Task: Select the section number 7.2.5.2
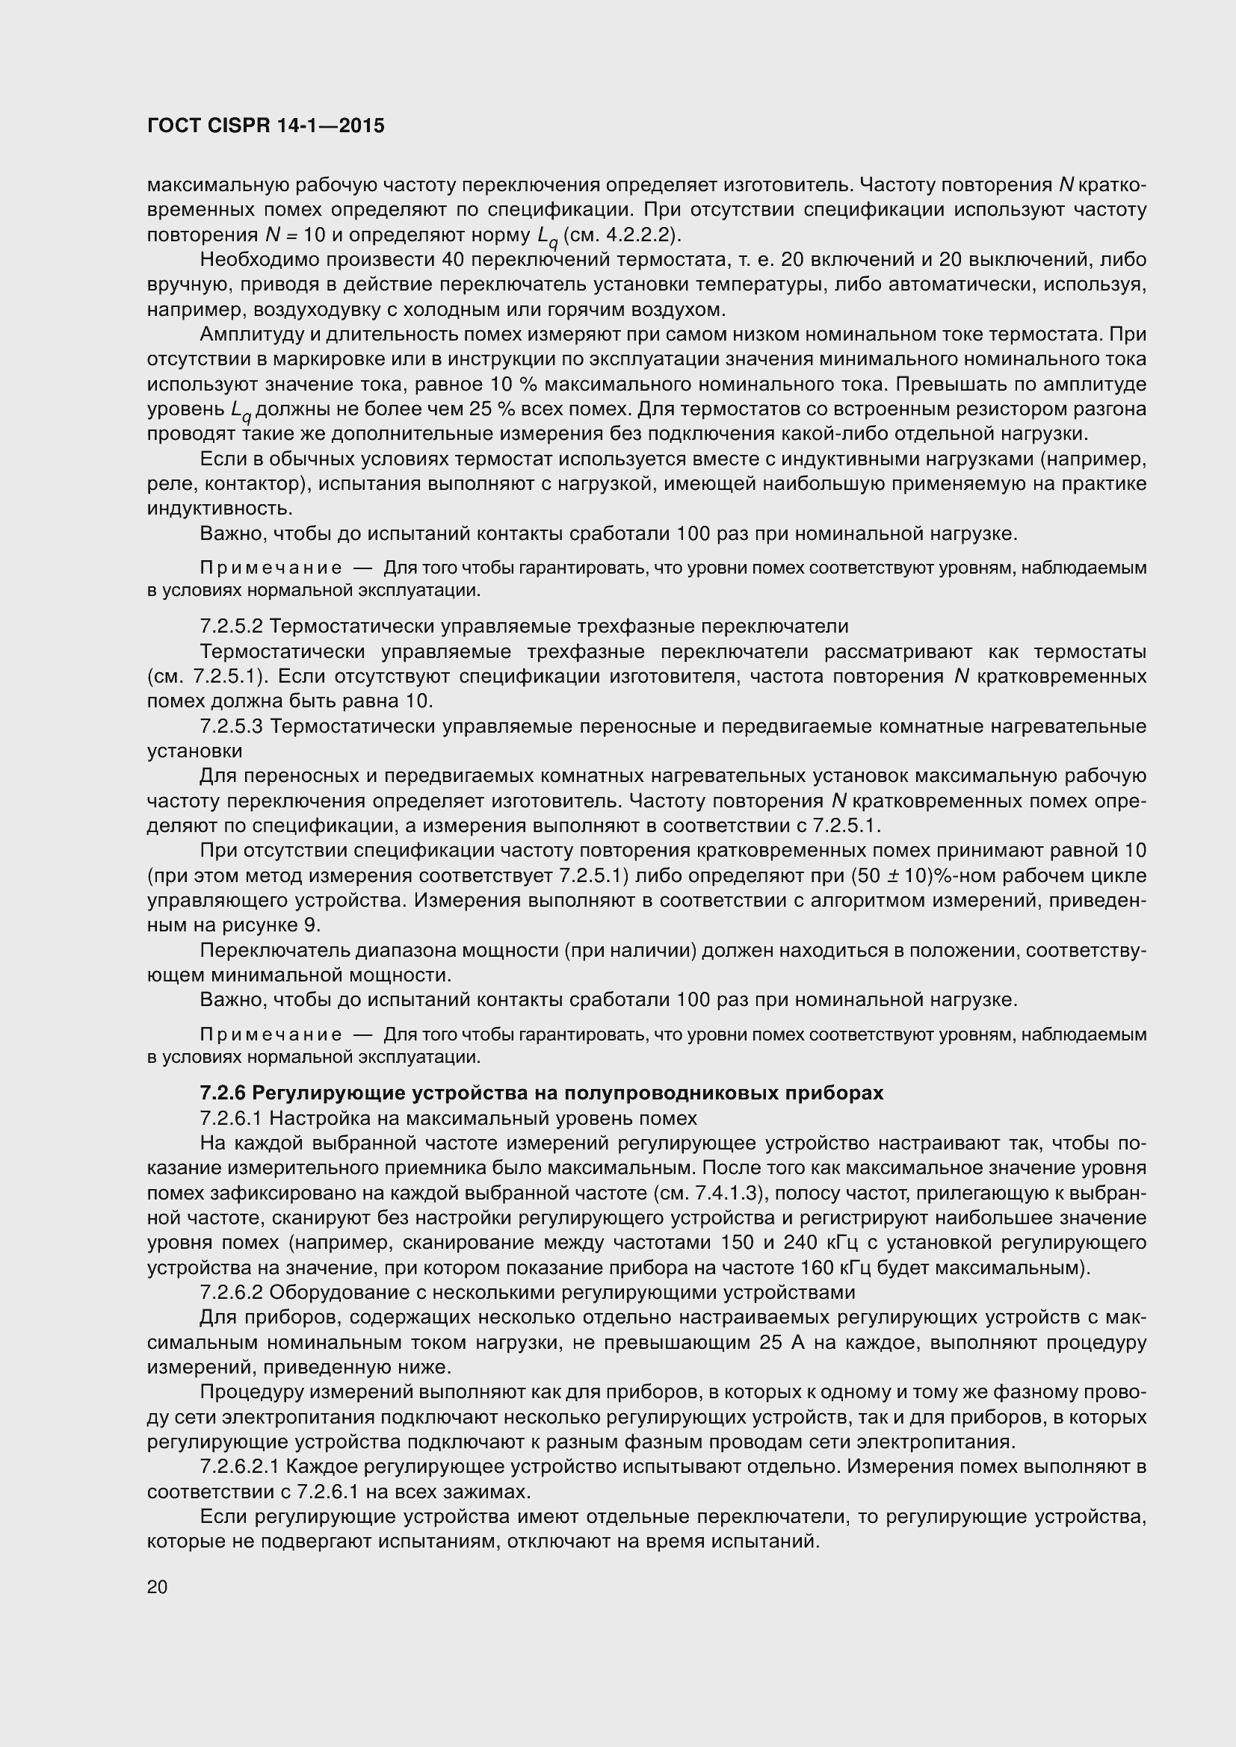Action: point(231,626)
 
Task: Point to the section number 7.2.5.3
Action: point(231,727)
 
